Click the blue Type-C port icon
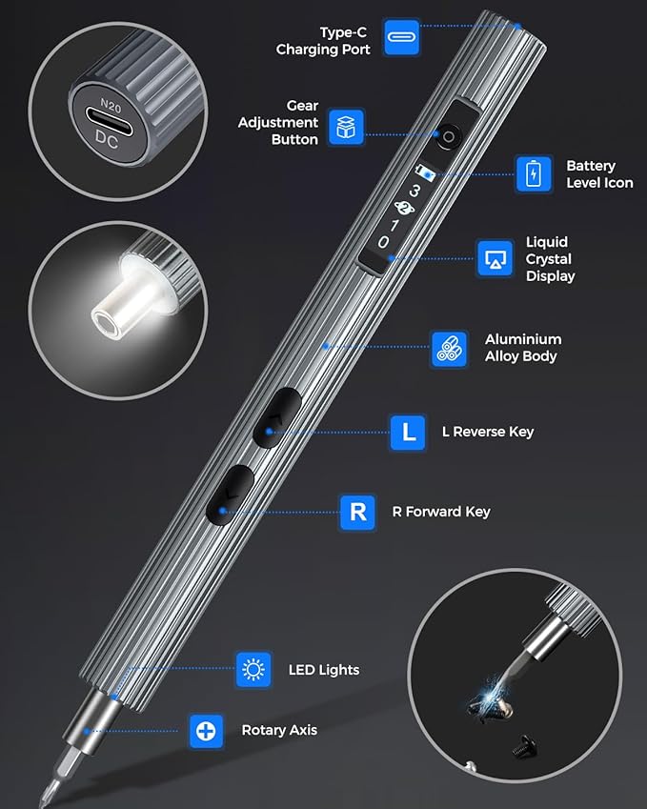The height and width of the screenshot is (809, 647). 402,37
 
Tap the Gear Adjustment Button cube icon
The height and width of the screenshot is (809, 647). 346,127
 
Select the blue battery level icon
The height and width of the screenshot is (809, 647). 534,173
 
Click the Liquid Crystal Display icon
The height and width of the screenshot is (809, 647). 495,258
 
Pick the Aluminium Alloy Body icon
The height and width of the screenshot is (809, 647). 450,349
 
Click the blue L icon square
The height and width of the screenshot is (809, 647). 408,432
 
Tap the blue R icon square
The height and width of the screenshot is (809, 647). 357,513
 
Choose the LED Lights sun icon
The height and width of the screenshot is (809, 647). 253,670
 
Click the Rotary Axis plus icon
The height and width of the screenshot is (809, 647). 207,731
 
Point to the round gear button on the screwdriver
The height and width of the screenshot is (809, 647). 449,136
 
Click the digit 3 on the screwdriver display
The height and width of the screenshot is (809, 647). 414,192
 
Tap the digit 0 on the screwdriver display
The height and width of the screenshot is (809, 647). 383,241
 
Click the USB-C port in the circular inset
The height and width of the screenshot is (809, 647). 110,122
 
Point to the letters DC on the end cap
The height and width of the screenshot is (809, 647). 107,140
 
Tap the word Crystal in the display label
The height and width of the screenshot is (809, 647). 549,259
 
